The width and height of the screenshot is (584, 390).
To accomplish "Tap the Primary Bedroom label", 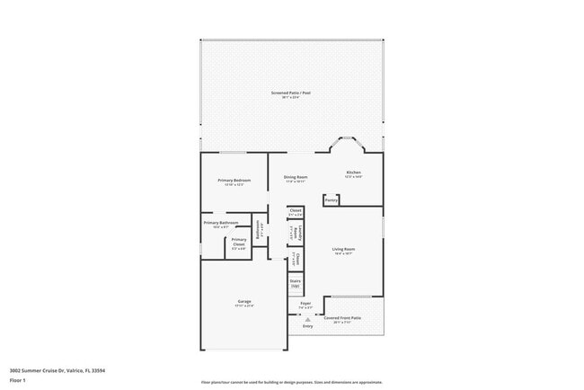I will pos(234,182).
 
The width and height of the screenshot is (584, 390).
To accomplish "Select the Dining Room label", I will pos(296,177).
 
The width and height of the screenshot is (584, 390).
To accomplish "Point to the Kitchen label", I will pos(353,173).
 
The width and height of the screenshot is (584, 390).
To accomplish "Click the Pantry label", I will pos(332,200).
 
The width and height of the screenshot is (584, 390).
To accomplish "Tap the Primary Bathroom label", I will pos(220,224).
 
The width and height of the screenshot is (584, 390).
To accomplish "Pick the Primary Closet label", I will pos(239,242).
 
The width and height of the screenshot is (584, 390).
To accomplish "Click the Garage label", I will pos(244,302).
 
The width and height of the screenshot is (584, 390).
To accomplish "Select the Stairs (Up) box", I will pos(295,283).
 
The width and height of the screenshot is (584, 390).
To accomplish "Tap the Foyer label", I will pos(305,305).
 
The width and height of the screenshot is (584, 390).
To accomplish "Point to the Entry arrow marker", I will pos(307,319).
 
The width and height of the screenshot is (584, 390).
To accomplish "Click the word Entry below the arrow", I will pos(307,326).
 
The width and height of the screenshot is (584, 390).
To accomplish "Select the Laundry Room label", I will pos(295,234).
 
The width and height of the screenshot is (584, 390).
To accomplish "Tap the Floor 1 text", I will pos(18,380).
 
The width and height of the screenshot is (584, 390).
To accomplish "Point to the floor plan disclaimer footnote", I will pos(291,382).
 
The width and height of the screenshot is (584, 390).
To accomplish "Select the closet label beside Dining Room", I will pos(295,212).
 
